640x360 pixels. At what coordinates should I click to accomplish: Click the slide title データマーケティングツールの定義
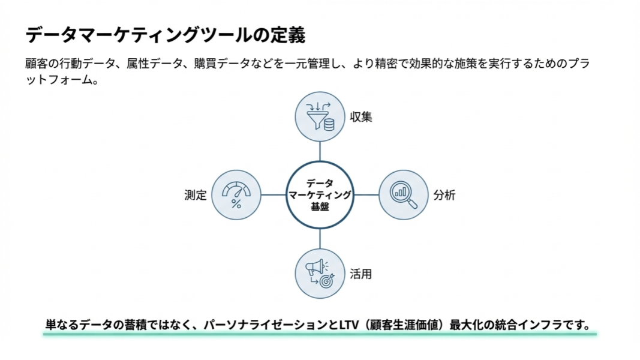click(165, 35)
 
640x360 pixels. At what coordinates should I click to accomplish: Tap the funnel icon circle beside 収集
click(320, 116)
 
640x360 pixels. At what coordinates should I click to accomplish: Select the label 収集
click(361, 117)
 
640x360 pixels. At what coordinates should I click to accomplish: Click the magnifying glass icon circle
click(404, 194)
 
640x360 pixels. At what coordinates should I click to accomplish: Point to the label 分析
click(444, 195)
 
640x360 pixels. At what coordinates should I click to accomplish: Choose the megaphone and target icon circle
click(320, 274)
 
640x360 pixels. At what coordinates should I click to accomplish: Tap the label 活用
click(361, 274)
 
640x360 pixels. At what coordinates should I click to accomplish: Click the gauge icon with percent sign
click(236, 194)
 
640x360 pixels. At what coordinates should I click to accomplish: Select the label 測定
click(196, 195)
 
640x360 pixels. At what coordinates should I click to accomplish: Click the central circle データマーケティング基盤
click(320, 194)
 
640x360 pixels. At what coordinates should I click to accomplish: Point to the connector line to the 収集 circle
click(320, 151)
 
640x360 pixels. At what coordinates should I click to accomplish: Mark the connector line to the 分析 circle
click(366, 194)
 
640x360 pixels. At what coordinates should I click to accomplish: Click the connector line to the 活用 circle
click(320, 239)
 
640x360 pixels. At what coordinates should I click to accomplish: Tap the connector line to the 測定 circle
click(274, 194)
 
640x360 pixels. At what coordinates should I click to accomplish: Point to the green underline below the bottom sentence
click(320, 334)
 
